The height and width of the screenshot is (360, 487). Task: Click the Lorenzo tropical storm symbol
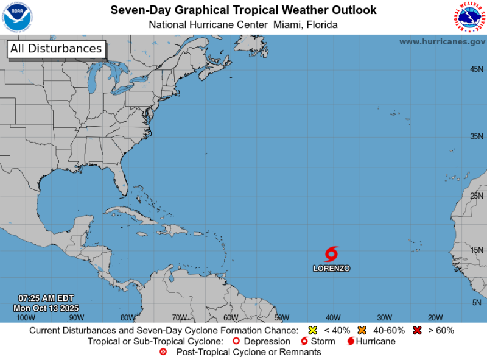(x=332, y=253)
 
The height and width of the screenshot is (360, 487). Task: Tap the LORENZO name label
(x=332, y=268)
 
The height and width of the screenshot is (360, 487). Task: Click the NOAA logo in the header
(x=18, y=17)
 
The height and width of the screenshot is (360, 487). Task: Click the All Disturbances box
(x=56, y=49)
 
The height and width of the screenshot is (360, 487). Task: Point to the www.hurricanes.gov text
(x=442, y=41)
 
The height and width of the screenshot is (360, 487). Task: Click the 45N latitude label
(x=477, y=69)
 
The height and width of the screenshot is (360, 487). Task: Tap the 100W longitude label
(x=25, y=317)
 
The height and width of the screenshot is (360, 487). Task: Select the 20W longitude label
(x=435, y=317)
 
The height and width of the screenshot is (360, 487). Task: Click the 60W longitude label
(x=230, y=317)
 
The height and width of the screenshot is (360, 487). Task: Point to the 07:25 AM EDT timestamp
(x=46, y=298)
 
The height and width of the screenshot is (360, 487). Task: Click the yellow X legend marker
(x=313, y=331)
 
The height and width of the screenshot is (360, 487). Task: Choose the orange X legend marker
(x=362, y=331)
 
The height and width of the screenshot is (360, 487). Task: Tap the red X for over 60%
(x=418, y=331)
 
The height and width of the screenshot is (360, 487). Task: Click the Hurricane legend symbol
(x=351, y=341)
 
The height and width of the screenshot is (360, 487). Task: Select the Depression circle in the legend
(x=236, y=341)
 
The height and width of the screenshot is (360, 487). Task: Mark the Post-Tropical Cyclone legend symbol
(x=163, y=352)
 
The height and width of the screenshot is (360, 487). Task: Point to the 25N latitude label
(x=477, y=196)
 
